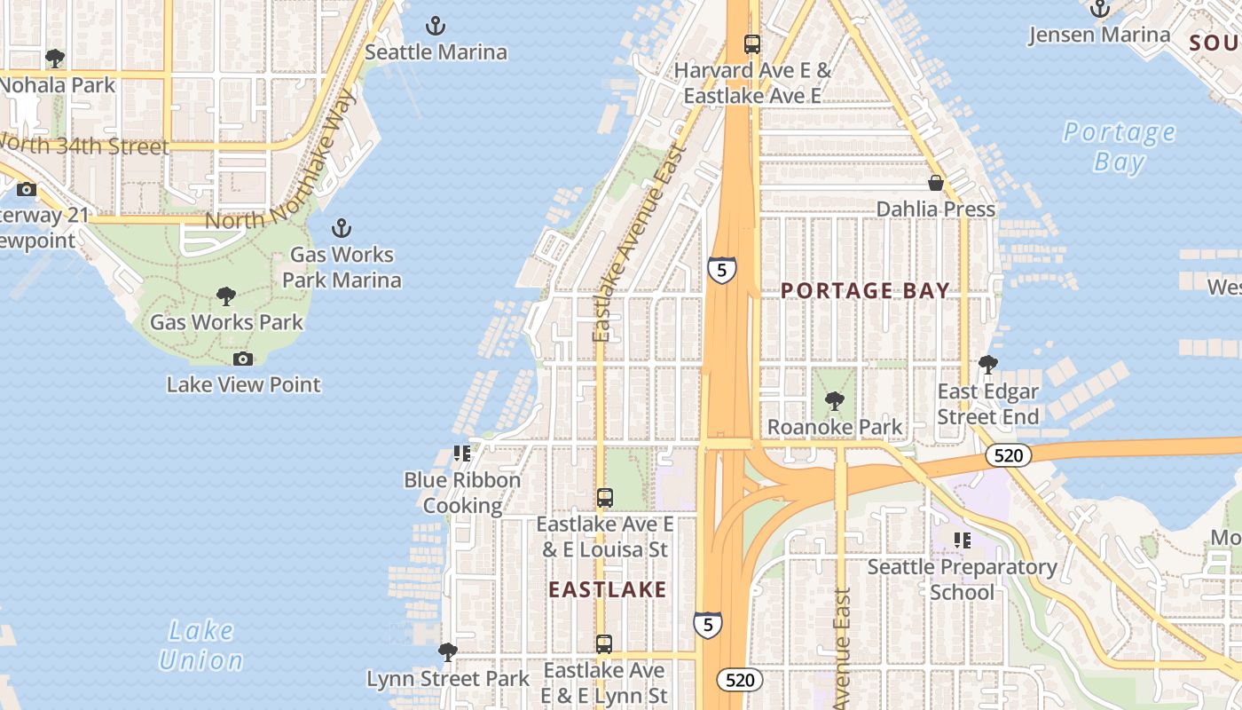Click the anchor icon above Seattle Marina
point(435,26)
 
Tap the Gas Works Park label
point(226,322)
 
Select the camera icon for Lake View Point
point(243,359)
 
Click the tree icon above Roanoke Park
point(834,401)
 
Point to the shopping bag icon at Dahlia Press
point(935,183)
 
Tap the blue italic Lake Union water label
point(200,645)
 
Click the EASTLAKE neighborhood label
point(607,589)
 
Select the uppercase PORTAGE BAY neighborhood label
point(865,290)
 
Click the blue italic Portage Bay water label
point(1119,147)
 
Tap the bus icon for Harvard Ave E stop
point(752,43)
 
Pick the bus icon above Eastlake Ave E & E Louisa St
point(604,498)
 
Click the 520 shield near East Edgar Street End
point(1009,456)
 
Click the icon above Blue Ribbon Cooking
point(461,454)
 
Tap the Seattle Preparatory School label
point(962,579)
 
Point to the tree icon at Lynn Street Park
point(448,652)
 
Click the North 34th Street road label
point(84,146)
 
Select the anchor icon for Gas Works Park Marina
point(341,228)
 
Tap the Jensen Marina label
point(1099,35)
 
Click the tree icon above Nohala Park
point(55,59)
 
